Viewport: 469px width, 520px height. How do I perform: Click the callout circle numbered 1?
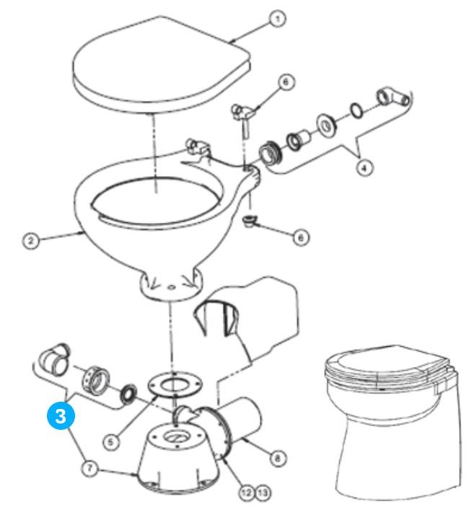pyautogui.click(x=277, y=19)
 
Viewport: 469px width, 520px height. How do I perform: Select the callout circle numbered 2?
pyautogui.click(x=31, y=240)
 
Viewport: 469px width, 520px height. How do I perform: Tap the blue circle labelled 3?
pyautogui.click(x=61, y=416)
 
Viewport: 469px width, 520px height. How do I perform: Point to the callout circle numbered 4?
pyautogui.click(x=364, y=168)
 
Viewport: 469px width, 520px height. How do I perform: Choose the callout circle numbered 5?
pyautogui.click(x=111, y=441)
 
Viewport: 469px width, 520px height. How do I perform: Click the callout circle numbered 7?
pyautogui.click(x=89, y=469)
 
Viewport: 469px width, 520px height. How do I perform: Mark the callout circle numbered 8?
pyautogui.click(x=278, y=458)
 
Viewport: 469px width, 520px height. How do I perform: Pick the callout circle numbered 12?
pyautogui.click(x=247, y=493)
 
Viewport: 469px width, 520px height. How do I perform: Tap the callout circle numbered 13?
pyautogui.click(x=263, y=493)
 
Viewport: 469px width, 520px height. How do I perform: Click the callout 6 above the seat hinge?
pyautogui.click(x=286, y=81)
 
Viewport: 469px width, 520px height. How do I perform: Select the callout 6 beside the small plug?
pyautogui.click(x=301, y=237)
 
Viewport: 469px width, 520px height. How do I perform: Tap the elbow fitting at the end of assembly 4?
pyautogui.click(x=393, y=97)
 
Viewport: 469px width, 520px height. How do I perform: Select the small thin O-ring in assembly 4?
pyautogui.click(x=356, y=110)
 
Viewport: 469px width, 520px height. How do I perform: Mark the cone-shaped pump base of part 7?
pyautogui.click(x=178, y=458)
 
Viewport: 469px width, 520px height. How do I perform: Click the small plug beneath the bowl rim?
pyautogui.click(x=249, y=221)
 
